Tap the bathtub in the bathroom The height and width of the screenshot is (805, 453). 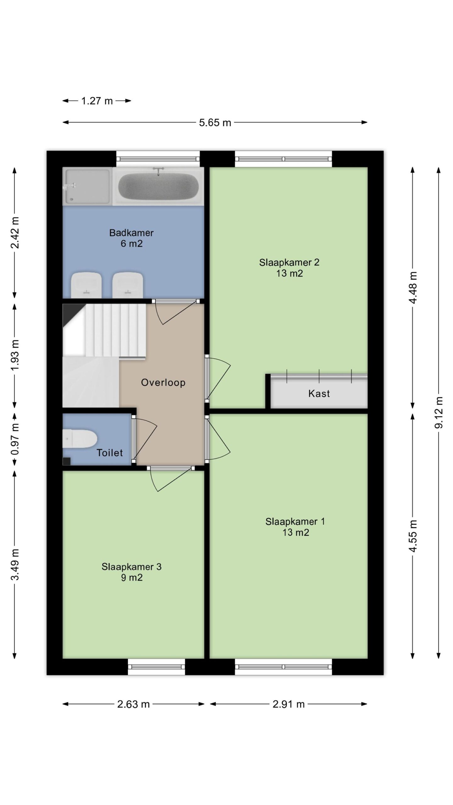pos(158,186)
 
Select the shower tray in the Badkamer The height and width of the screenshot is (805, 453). pos(87,186)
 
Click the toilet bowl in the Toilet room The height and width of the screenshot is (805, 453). pos(80,438)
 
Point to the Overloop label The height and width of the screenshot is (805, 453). pos(163,382)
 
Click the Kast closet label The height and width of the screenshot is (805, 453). pos(319,393)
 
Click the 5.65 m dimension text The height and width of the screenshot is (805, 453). pos(215,122)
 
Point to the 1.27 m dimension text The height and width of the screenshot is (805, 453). pos(97,101)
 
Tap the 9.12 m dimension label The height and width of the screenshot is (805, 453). pos(439,412)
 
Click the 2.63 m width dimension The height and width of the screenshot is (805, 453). pos(133,704)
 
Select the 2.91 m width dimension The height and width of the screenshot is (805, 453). pos(288,704)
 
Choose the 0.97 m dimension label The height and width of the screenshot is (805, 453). pos(15,439)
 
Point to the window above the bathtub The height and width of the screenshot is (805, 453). pos(158,159)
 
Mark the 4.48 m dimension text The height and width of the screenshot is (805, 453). pos(413,287)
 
